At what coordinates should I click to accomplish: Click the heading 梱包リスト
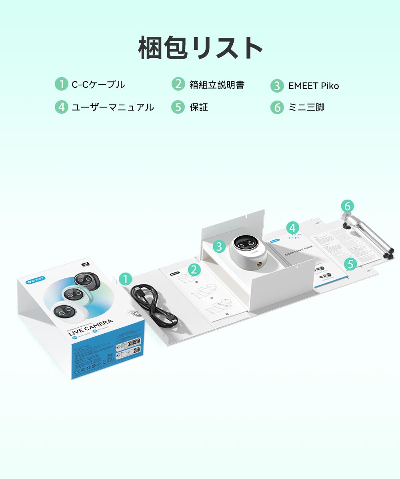[x=200, y=48]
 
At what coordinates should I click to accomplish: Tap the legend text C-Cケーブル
[x=98, y=85]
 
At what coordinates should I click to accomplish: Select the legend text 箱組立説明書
[x=217, y=85]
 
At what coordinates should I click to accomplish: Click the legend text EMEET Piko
[x=314, y=86]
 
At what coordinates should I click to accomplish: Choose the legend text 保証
[x=199, y=107]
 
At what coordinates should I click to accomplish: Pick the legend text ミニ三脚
[x=306, y=107]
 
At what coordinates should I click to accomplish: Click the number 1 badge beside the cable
[x=126, y=279]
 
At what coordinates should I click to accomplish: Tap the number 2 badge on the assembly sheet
[x=194, y=270]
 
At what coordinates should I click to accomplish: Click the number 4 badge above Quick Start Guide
[x=293, y=228]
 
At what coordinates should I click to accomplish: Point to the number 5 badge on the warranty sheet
[x=351, y=263]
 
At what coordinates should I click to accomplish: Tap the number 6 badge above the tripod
[x=347, y=206]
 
